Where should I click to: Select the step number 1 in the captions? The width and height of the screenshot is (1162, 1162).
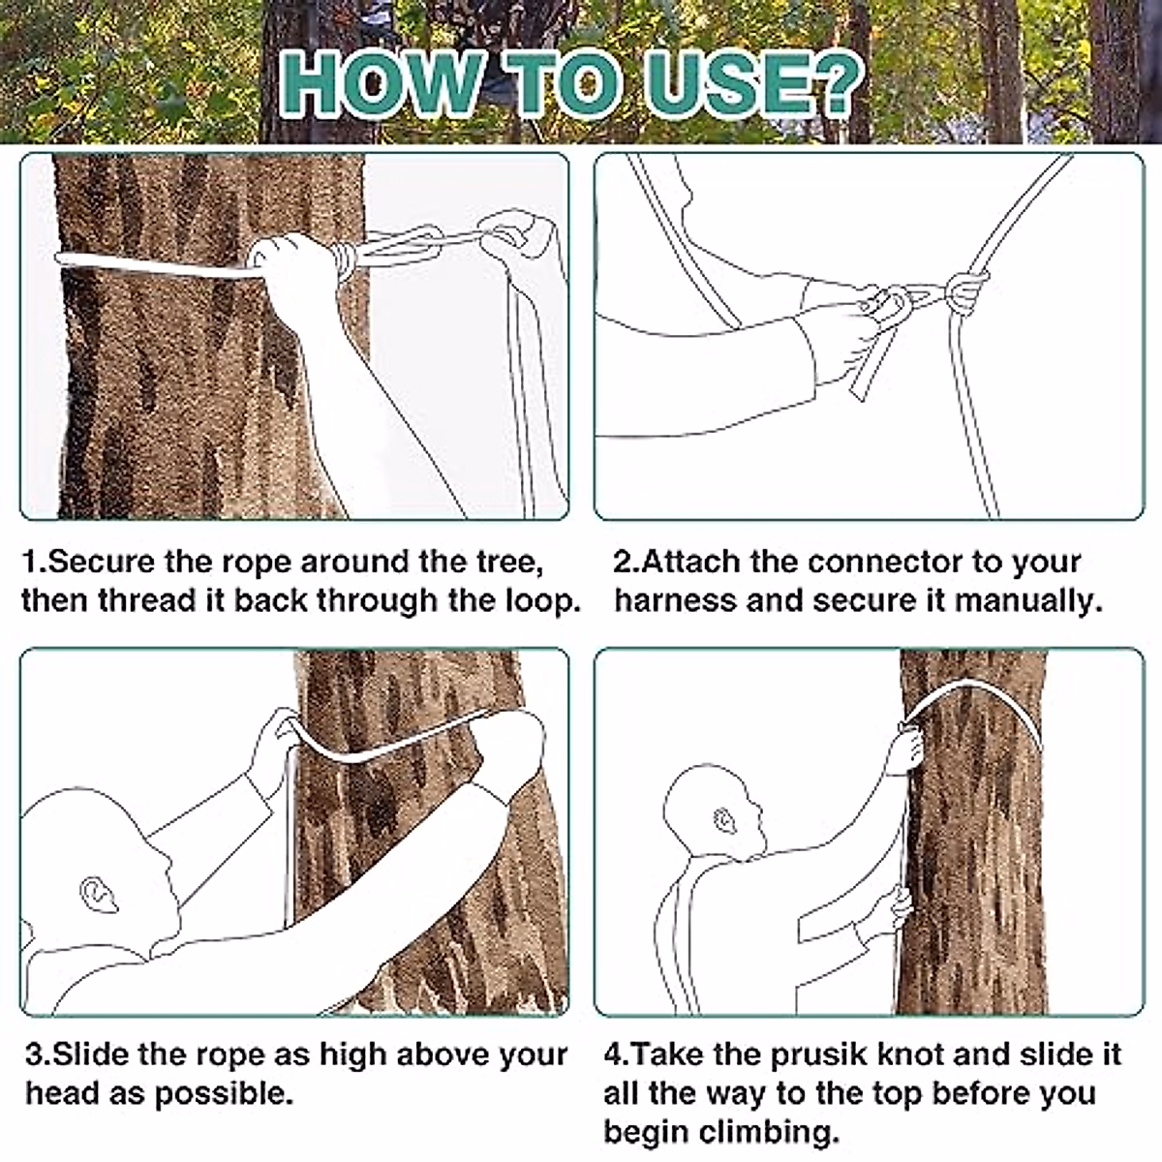click(30, 563)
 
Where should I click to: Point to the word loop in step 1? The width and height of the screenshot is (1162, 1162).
click(537, 601)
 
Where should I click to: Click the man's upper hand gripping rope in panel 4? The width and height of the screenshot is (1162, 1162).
click(906, 745)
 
